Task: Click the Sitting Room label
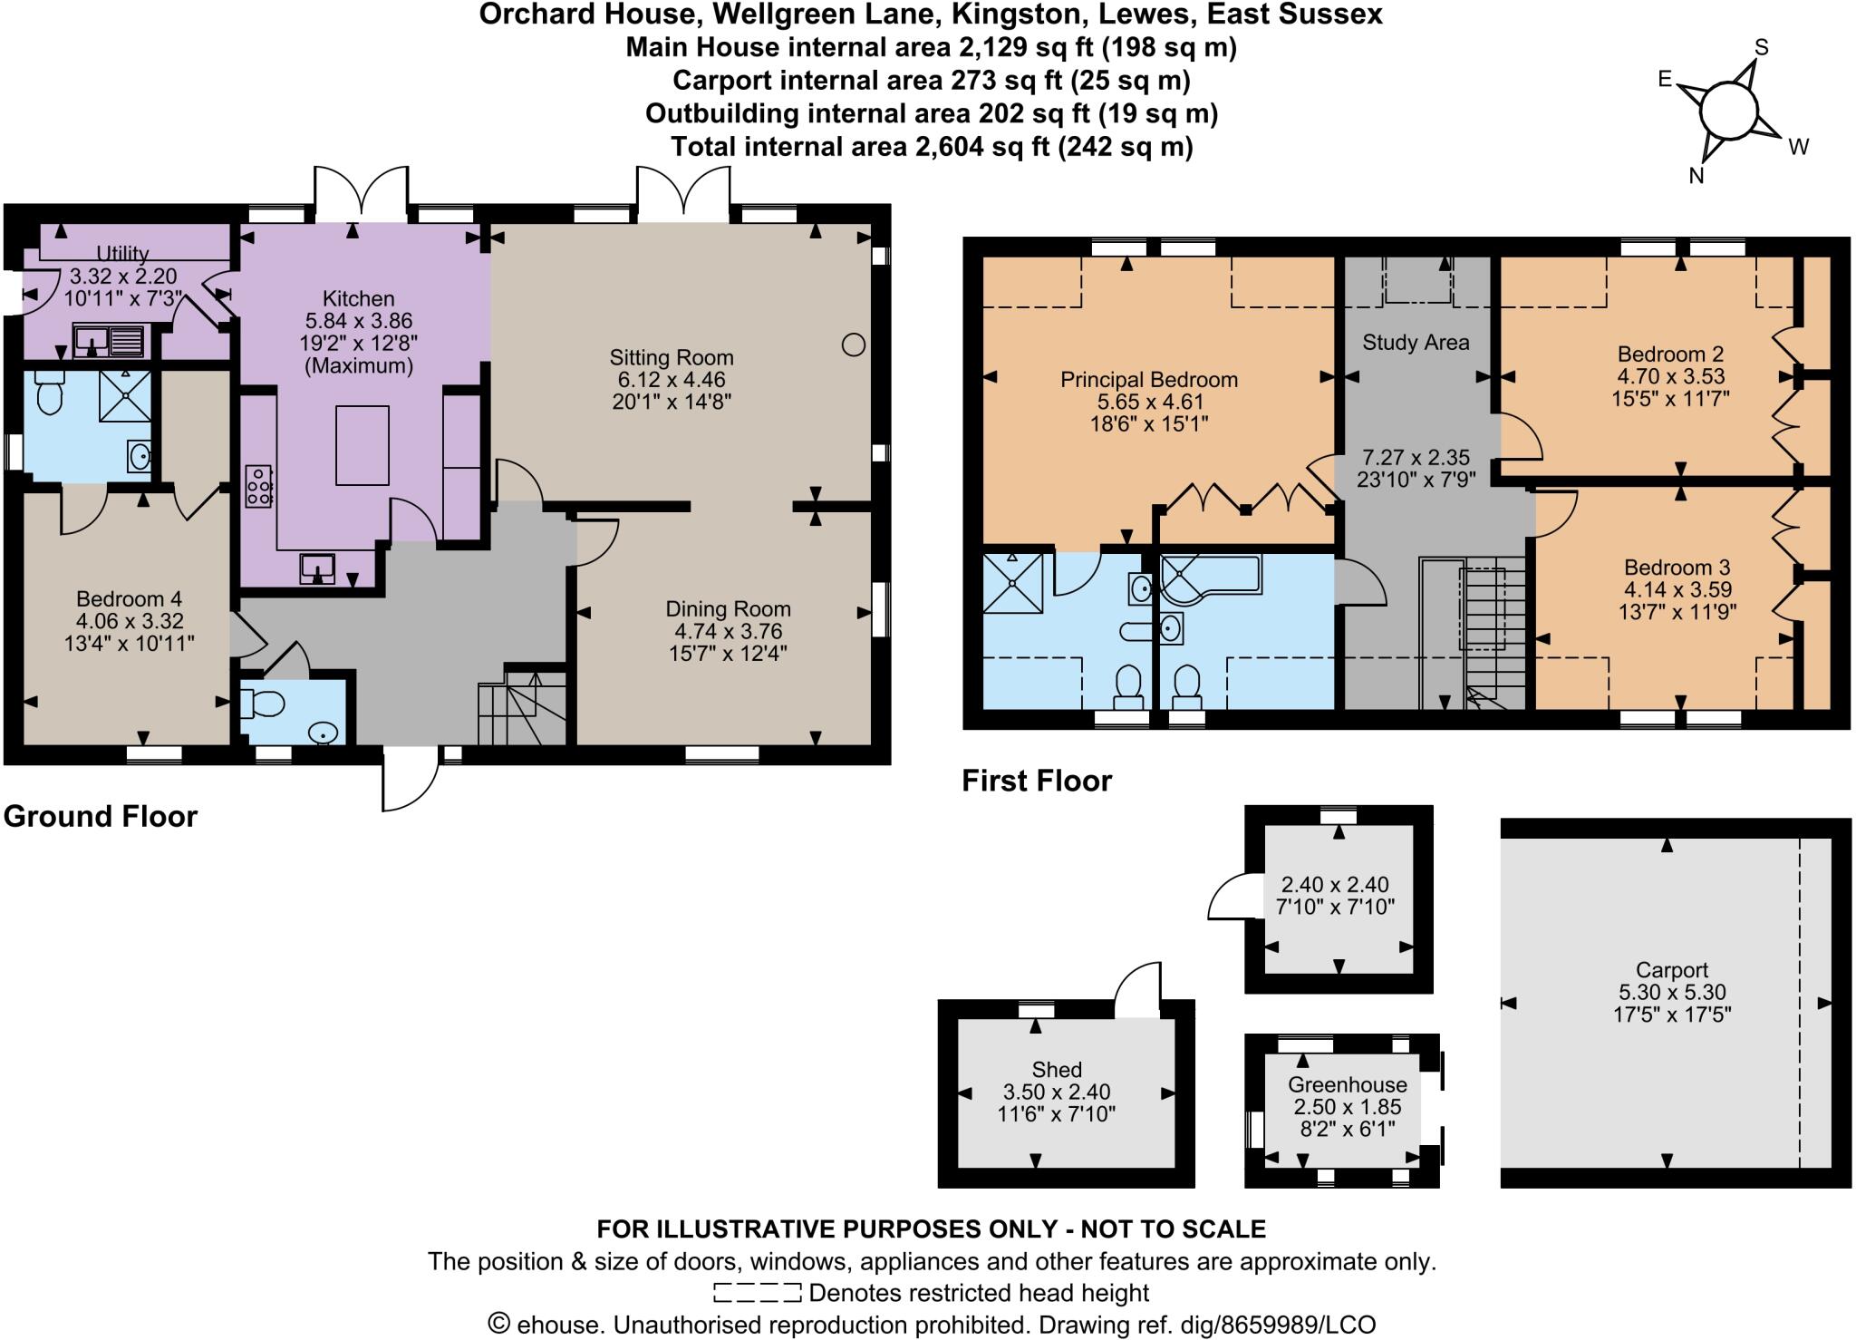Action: tap(671, 357)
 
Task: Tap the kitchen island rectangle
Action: tap(362, 445)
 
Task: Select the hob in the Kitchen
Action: tap(259, 485)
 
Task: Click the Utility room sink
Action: tap(109, 341)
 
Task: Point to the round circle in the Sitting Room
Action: tap(853, 345)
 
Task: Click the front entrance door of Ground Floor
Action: tap(410, 782)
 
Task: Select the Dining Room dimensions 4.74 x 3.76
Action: tap(728, 631)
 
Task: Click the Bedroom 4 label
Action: tap(129, 598)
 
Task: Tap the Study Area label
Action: tap(1415, 343)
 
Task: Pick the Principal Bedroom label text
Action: tap(1148, 380)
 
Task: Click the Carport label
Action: tap(1671, 970)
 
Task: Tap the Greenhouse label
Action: tap(1347, 1084)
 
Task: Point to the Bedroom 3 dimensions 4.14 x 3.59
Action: tap(1677, 589)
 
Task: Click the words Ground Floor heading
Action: tap(101, 816)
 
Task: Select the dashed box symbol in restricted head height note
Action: tap(757, 1293)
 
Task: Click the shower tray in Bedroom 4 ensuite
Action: tap(126, 395)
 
